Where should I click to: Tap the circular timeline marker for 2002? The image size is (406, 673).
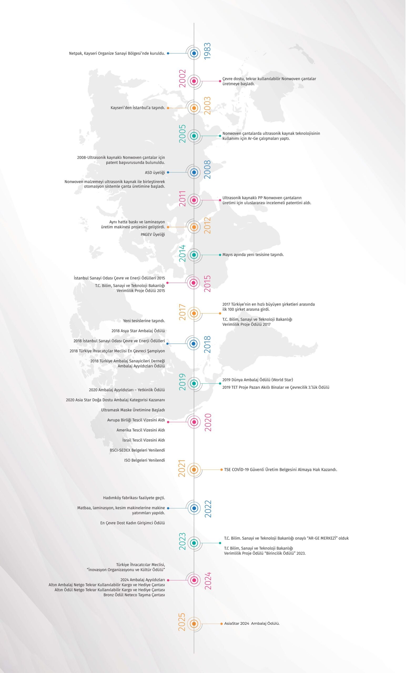click(x=194, y=81)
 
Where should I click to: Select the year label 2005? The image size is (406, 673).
click(x=182, y=134)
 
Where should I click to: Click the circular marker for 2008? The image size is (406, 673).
click(x=194, y=172)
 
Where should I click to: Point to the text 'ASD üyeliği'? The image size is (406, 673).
click(x=155, y=173)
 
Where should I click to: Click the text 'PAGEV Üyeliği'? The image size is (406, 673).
click(x=153, y=234)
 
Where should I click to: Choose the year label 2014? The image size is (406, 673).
click(x=182, y=253)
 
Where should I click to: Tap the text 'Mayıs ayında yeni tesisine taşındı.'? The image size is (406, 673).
click(x=253, y=254)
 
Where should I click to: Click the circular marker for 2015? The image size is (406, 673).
click(x=194, y=283)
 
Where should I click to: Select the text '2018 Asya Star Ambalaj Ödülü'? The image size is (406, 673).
click(x=138, y=331)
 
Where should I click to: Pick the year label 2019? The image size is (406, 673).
click(x=182, y=382)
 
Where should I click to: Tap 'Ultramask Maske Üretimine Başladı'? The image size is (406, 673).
click(x=133, y=410)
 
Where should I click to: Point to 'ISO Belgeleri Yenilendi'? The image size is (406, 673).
click(x=145, y=460)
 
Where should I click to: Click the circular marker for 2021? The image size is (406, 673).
click(x=194, y=470)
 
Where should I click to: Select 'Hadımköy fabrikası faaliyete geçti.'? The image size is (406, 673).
click(x=134, y=498)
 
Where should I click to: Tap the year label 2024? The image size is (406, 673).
click(x=208, y=581)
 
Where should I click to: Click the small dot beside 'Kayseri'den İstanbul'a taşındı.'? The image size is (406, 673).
click(x=168, y=108)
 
